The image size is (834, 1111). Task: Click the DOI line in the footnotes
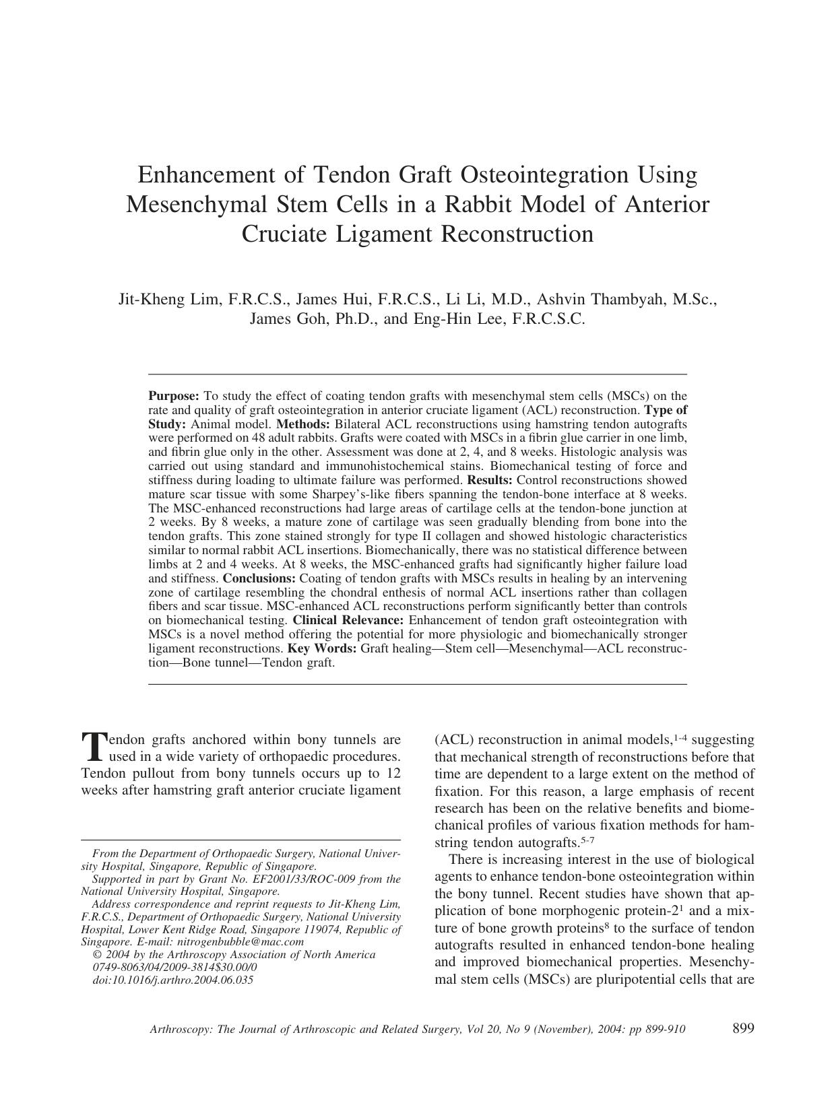(172, 980)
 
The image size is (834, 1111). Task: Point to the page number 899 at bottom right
(742, 1028)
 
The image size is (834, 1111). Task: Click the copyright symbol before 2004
(96, 954)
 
